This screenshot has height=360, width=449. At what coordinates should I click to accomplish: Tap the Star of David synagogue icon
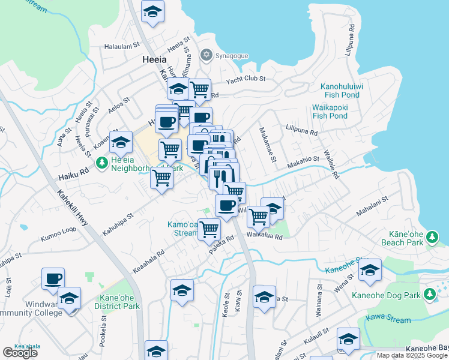[x=207, y=55]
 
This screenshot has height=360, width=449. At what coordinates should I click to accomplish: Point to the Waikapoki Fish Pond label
[x=330, y=112]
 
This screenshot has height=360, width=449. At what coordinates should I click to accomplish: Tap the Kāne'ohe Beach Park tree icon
[x=431, y=241]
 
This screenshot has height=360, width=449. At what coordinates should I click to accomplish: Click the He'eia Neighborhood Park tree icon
[x=103, y=162]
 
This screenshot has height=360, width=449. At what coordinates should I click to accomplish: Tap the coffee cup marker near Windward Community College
[x=53, y=278]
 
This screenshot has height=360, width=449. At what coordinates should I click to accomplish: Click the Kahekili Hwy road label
[x=73, y=209]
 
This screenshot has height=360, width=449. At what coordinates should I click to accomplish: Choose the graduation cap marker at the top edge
[x=152, y=11]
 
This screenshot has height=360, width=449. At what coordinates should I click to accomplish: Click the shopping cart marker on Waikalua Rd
[x=259, y=217]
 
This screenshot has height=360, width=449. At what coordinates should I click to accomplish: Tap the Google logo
[x=20, y=353]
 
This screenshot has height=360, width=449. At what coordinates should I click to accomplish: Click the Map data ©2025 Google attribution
[x=411, y=355]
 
